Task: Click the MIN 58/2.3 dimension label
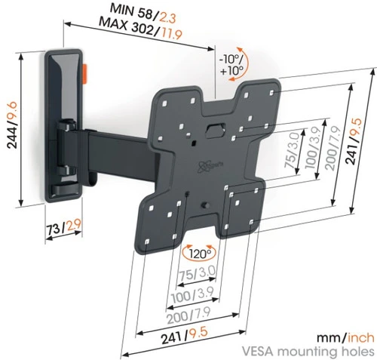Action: [143, 14]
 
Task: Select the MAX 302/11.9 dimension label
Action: [140, 28]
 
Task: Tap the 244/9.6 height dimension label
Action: [12, 125]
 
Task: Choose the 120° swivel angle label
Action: [199, 254]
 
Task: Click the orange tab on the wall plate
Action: [85, 74]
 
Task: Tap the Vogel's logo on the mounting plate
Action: [204, 166]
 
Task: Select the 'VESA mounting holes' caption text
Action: [308, 351]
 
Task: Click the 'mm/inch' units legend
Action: [345, 337]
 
